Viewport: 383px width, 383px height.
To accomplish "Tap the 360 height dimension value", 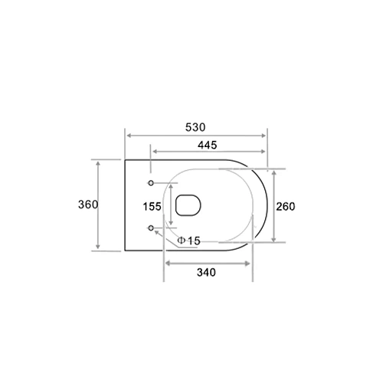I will point(87,205).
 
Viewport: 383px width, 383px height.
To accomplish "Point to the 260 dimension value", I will point(286,206).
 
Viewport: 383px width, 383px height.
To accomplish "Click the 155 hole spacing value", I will point(152,206).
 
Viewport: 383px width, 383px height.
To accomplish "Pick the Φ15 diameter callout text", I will point(189,241).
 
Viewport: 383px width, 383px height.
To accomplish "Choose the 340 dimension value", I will point(205,272).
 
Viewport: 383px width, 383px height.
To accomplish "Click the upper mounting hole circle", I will point(151,182).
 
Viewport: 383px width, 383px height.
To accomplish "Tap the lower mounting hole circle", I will point(151,228).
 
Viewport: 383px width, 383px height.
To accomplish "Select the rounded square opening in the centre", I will point(188,205).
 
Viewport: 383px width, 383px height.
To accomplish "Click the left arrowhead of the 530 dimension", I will point(128,135).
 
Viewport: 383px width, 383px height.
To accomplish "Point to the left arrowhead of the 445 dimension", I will point(153,152).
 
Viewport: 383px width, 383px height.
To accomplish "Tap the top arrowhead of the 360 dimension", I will point(98,163).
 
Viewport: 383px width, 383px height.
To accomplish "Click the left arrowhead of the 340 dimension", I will point(169,264).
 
